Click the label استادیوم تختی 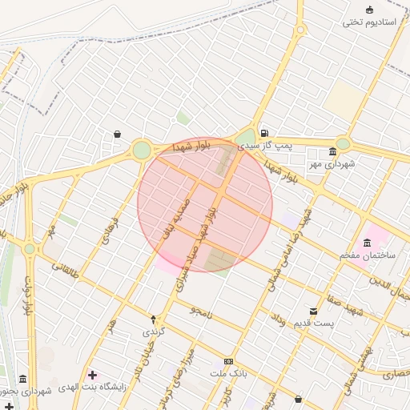370,22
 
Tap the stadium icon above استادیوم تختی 369,10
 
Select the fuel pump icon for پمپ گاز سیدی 263,134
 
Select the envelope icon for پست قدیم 313,311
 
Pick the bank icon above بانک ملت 229,362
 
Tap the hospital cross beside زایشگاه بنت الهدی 92,375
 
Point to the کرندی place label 152,330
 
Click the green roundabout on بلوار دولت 30,249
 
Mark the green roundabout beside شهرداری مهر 343,143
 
